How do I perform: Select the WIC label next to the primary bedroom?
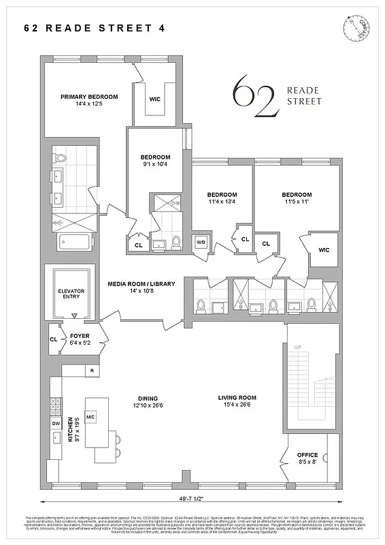(156, 97)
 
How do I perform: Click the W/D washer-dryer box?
(201, 243)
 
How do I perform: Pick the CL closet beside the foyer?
(53, 339)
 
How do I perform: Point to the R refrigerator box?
(90, 371)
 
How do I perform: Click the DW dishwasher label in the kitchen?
(56, 423)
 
